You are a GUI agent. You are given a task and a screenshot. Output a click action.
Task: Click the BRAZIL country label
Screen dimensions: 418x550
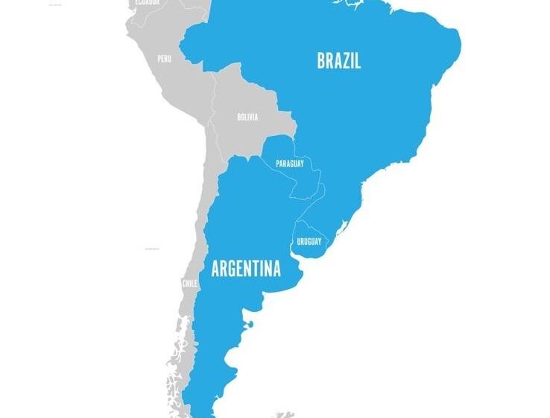coord(338,61)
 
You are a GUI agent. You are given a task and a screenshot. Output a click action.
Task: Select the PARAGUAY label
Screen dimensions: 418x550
coord(289,163)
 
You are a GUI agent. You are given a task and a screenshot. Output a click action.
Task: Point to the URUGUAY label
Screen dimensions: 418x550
coord(309,242)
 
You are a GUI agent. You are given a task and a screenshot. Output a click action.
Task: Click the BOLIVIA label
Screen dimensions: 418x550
coord(247,117)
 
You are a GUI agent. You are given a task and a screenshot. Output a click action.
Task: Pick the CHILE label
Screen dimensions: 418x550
coord(190,284)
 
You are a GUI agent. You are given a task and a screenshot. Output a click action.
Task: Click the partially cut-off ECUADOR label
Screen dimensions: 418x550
coord(146,3)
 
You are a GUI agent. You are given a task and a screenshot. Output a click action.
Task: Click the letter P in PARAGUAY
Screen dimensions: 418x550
coord(278,163)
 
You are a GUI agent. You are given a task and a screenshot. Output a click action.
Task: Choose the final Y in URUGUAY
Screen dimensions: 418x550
coord(320,242)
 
